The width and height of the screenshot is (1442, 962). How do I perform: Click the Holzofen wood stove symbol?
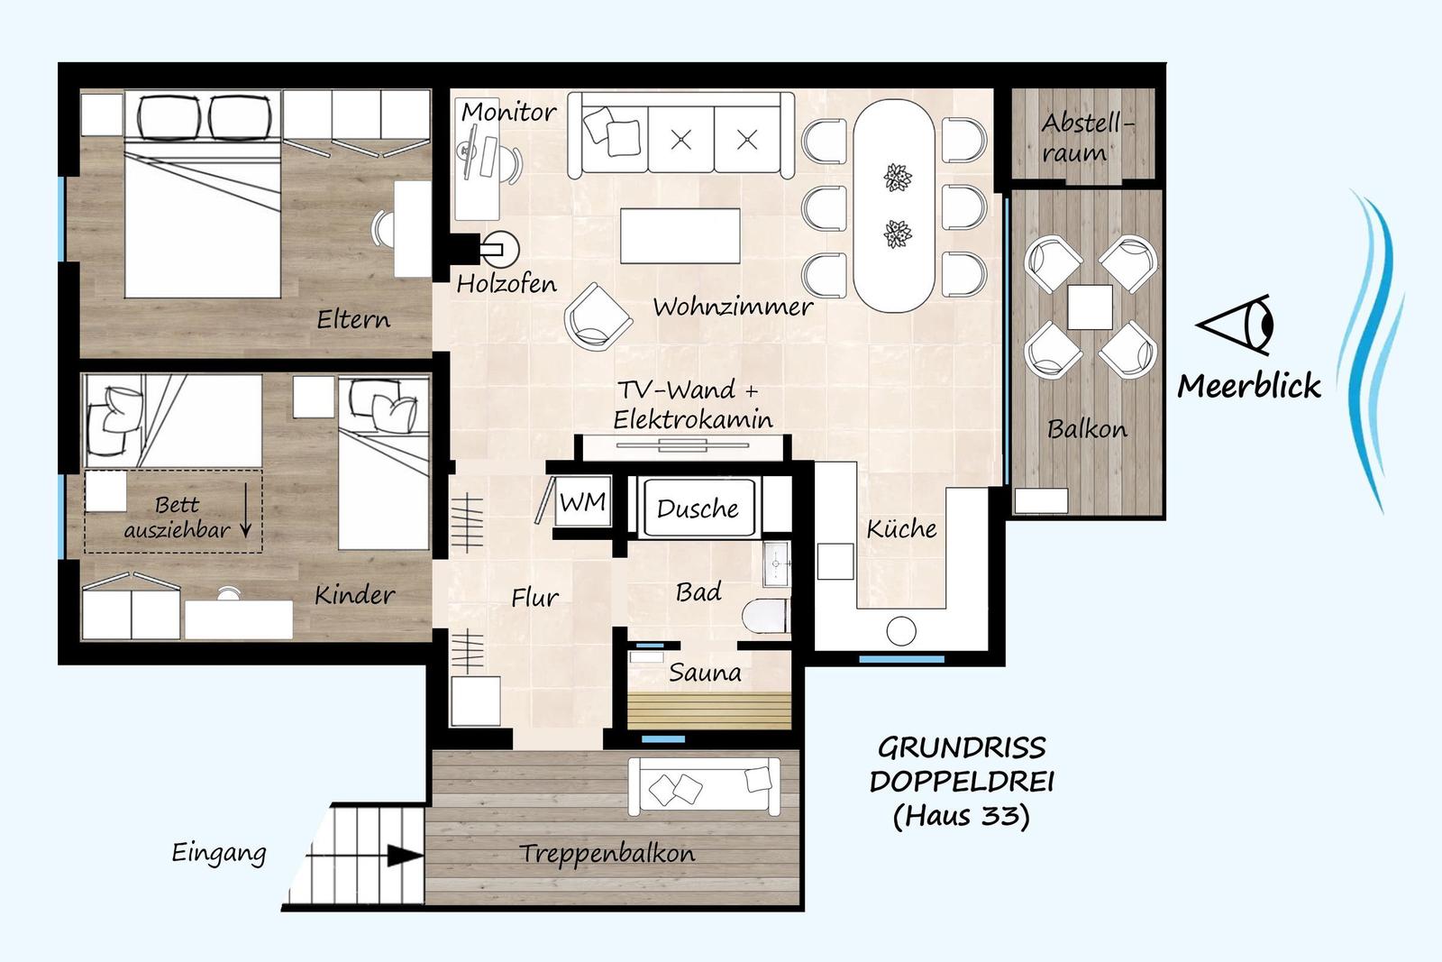pos(497,247)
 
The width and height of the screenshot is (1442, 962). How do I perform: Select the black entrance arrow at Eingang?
pos(404,855)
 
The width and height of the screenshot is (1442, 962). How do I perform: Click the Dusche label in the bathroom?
pos(698,509)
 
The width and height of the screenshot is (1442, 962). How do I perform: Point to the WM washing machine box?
pos(583,503)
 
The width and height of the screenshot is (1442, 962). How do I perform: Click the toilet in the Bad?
pos(766,617)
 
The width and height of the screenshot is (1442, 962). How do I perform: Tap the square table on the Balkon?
pos(1090,307)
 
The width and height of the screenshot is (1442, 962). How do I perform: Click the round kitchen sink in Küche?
pos(900,630)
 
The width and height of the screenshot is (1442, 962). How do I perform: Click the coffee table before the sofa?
pos(680,235)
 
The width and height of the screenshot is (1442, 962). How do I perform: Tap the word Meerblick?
pos(1249,387)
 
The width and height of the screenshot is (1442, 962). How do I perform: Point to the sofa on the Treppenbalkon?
pos(704,786)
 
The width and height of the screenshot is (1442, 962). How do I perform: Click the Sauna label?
pos(705,673)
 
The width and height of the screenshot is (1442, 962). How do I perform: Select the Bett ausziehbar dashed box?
pos(174,510)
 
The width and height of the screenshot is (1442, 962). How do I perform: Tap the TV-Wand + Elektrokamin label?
pos(691,404)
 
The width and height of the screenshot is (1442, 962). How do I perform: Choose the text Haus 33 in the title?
pos(961,816)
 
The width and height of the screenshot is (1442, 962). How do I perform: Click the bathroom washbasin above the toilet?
pos(777,564)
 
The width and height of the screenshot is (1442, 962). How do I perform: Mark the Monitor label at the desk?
pos(508,113)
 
